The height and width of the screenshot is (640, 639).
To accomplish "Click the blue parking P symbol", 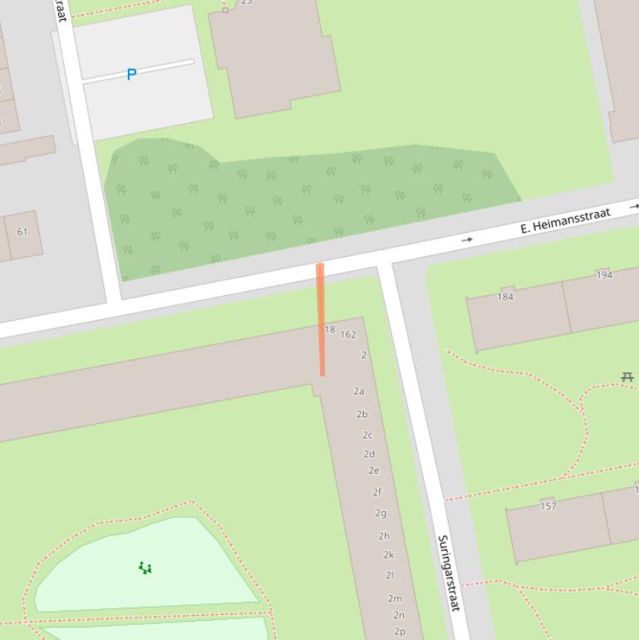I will [x=131, y=75].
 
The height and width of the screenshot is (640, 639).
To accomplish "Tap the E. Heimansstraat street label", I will [x=565, y=220].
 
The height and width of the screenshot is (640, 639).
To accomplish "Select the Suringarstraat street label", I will [x=448, y=574].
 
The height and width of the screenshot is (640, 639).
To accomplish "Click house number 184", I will [x=505, y=297].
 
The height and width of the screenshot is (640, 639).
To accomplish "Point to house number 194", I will [x=604, y=274].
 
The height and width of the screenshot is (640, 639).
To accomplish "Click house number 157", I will [x=548, y=505].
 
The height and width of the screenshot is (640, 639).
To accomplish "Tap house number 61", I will [x=22, y=232].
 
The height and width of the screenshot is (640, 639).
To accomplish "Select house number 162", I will [x=348, y=335].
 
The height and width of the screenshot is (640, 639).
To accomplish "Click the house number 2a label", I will [x=359, y=391].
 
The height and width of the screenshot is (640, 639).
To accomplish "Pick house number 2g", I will [x=381, y=513].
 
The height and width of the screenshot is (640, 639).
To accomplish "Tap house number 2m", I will [x=395, y=598].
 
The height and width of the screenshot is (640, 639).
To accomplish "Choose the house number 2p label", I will [x=400, y=631].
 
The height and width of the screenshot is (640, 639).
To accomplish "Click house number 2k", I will [x=388, y=554].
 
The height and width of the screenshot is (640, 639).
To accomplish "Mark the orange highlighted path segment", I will [x=321, y=320].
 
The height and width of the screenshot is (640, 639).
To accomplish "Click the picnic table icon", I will [x=627, y=377].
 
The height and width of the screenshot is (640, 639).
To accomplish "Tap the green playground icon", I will [x=145, y=569].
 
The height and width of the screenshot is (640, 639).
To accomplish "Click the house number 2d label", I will [x=369, y=454].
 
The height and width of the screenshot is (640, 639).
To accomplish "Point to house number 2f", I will [x=376, y=492].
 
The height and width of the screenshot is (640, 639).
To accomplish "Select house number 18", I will [x=330, y=330].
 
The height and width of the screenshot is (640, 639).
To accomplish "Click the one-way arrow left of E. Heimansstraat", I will [x=468, y=239].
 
